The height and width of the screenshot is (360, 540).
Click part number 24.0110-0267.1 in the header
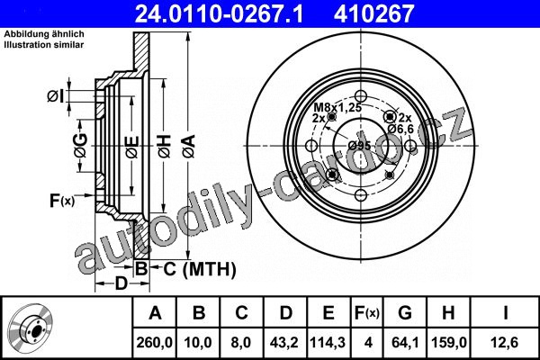(x=219, y=13)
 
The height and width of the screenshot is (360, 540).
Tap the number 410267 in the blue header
(x=373, y=13)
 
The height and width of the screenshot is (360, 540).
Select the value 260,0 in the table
(x=154, y=343)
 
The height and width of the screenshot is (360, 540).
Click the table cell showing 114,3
(x=328, y=343)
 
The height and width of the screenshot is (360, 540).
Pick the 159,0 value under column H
(x=449, y=343)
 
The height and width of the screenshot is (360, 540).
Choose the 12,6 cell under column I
(x=505, y=343)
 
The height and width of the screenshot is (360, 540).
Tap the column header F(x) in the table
(x=367, y=313)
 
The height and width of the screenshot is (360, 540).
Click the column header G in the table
(x=405, y=313)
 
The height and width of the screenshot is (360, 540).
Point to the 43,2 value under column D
(x=284, y=343)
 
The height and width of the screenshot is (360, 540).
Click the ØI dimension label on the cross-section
(x=56, y=96)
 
